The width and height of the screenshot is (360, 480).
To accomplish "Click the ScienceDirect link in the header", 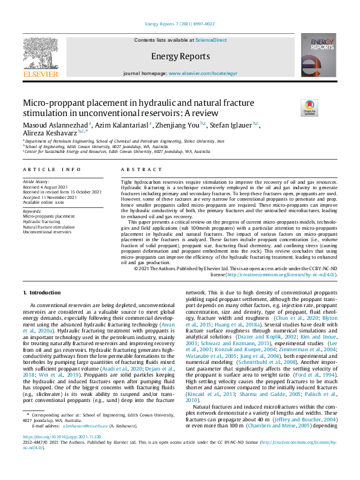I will [x=212, y=39].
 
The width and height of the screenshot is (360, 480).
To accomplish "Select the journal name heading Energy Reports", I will [x=180, y=56].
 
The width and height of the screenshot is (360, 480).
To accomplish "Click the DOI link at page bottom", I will [x=62, y=453].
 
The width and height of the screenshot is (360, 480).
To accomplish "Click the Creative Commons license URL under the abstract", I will [x=273, y=274].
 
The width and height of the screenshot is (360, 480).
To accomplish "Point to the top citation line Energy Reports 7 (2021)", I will [x=180, y=24].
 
